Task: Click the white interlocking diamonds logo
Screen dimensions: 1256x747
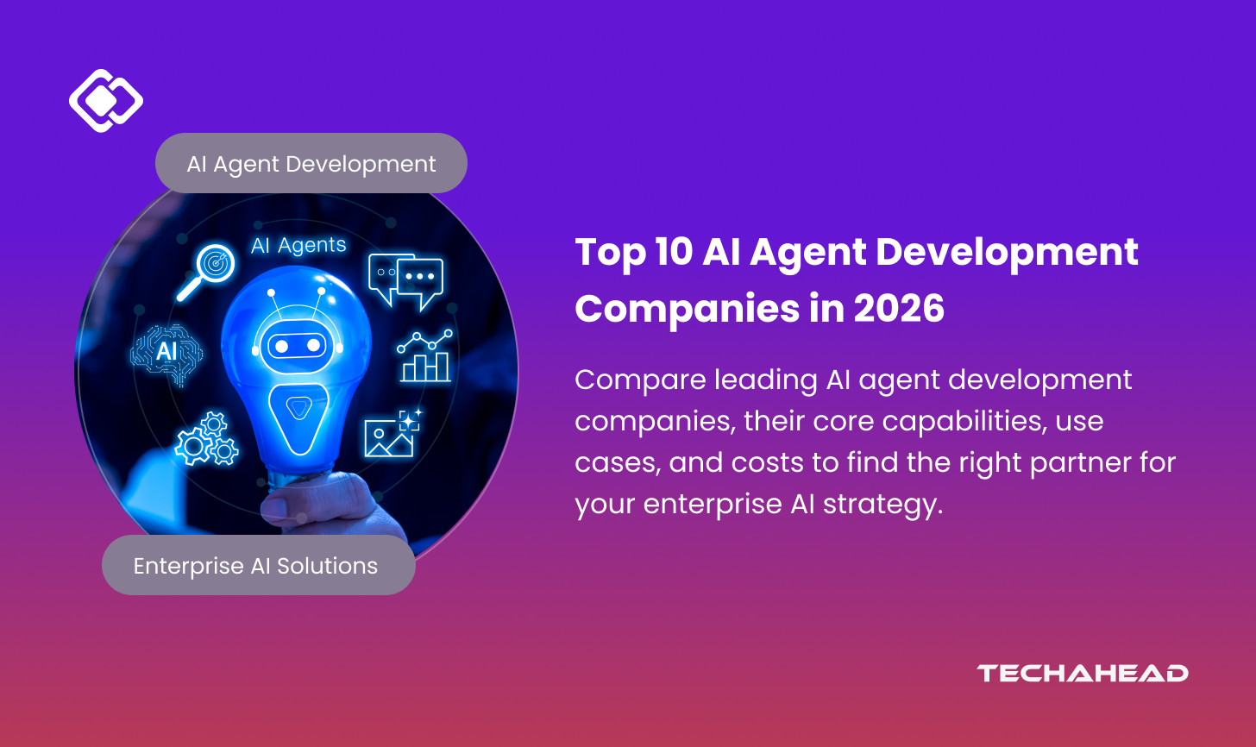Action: pos(106,100)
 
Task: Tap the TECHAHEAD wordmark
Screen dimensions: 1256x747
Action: pos(1082,673)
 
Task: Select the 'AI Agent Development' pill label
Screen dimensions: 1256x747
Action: pos(311,163)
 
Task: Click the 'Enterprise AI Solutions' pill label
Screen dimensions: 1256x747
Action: pos(259,565)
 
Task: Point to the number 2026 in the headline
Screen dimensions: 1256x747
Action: pos(899,309)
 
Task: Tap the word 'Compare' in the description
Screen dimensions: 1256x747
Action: pos(640,381)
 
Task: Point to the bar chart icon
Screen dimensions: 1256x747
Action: pos(425,356)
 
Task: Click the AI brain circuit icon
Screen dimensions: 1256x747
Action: pos(166,354)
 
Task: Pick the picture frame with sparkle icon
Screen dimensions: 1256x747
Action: pos(393,432)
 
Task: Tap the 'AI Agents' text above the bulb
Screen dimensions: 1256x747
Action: pos(298,245)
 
